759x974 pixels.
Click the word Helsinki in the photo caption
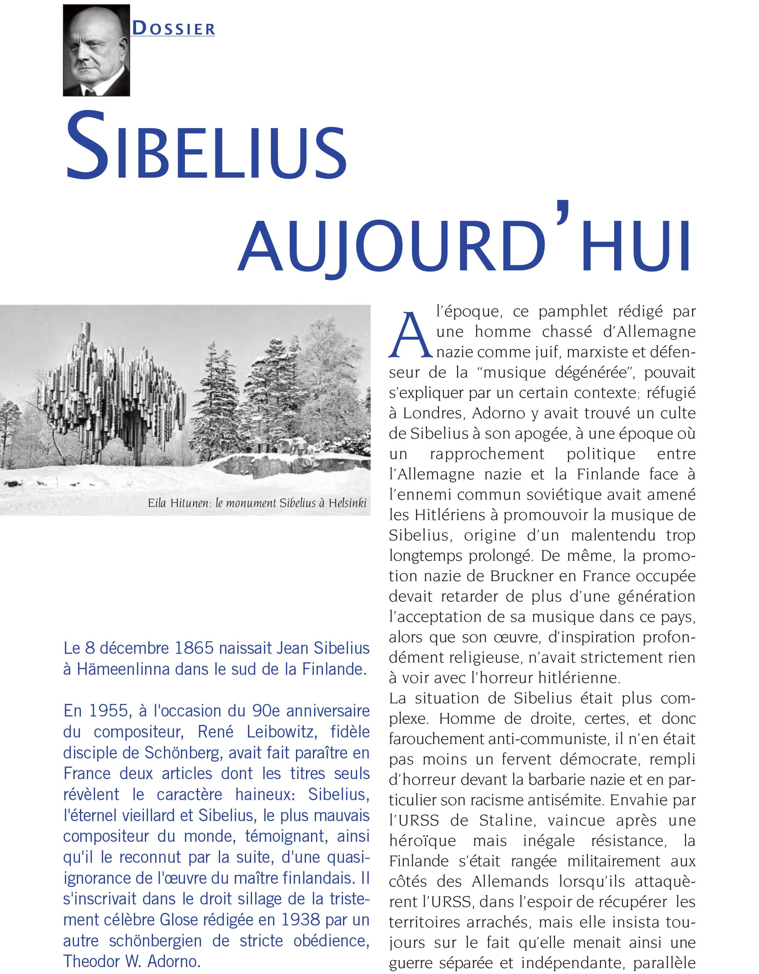point(347,503)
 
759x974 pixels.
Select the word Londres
point(430,413)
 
